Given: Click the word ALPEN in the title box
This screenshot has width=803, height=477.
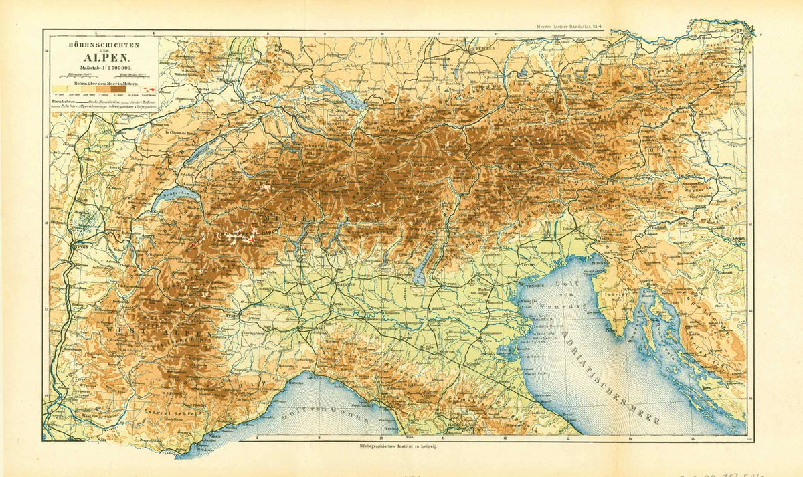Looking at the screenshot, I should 103,56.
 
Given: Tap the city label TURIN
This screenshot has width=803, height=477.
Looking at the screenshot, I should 233,314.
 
